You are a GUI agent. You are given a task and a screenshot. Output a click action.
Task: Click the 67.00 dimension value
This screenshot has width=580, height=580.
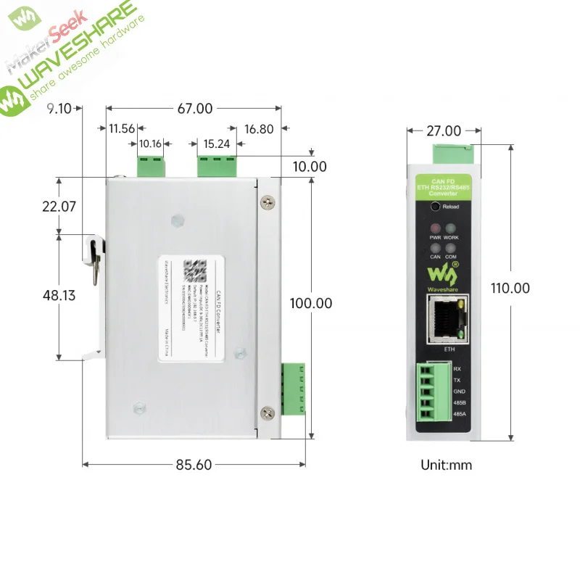click(x=195, y=109)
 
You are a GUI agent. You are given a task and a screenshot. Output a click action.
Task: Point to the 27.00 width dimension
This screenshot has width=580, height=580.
click(x=444, y=131)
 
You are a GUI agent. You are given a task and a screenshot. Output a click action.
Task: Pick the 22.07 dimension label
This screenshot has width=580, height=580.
click(x=59, y=206)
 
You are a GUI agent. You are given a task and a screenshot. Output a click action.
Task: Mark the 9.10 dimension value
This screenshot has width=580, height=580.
click(x=59, y=109)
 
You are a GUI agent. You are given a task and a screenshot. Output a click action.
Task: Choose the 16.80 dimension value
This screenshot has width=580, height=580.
click(x=259, y=129)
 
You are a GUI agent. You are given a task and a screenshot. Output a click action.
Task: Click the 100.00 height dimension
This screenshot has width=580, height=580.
click(x=310, y=303)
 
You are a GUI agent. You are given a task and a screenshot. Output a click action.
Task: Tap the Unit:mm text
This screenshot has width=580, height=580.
click(x=446, y=465)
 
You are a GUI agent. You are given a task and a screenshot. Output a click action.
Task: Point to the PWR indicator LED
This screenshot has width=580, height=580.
click(x=436, y=228)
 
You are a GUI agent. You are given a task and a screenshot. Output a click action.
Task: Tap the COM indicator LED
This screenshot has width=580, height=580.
click(x=450, y=248)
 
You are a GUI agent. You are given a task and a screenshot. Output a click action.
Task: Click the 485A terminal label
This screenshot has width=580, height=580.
click(x=458, y=414)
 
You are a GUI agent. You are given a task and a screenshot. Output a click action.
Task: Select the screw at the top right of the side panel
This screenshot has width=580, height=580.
click(x=269, y=202)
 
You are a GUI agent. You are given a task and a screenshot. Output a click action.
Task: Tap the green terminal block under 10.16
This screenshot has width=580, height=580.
click(x=151, y=165)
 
